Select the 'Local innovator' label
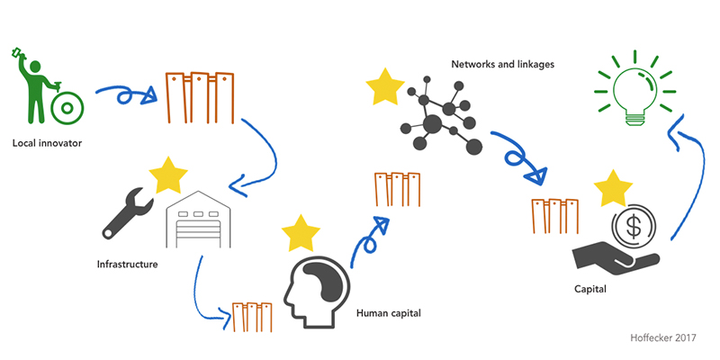[x=48, y=142]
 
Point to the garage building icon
[x=196, y=220]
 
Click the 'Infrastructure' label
[x=128, y=265]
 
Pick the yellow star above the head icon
[x=301, y=232]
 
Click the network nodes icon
[x=439, y=117]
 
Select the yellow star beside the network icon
[x=385, y=89]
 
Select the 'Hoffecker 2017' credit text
[x=664, y=336]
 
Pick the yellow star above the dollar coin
[x=615, y=188]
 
